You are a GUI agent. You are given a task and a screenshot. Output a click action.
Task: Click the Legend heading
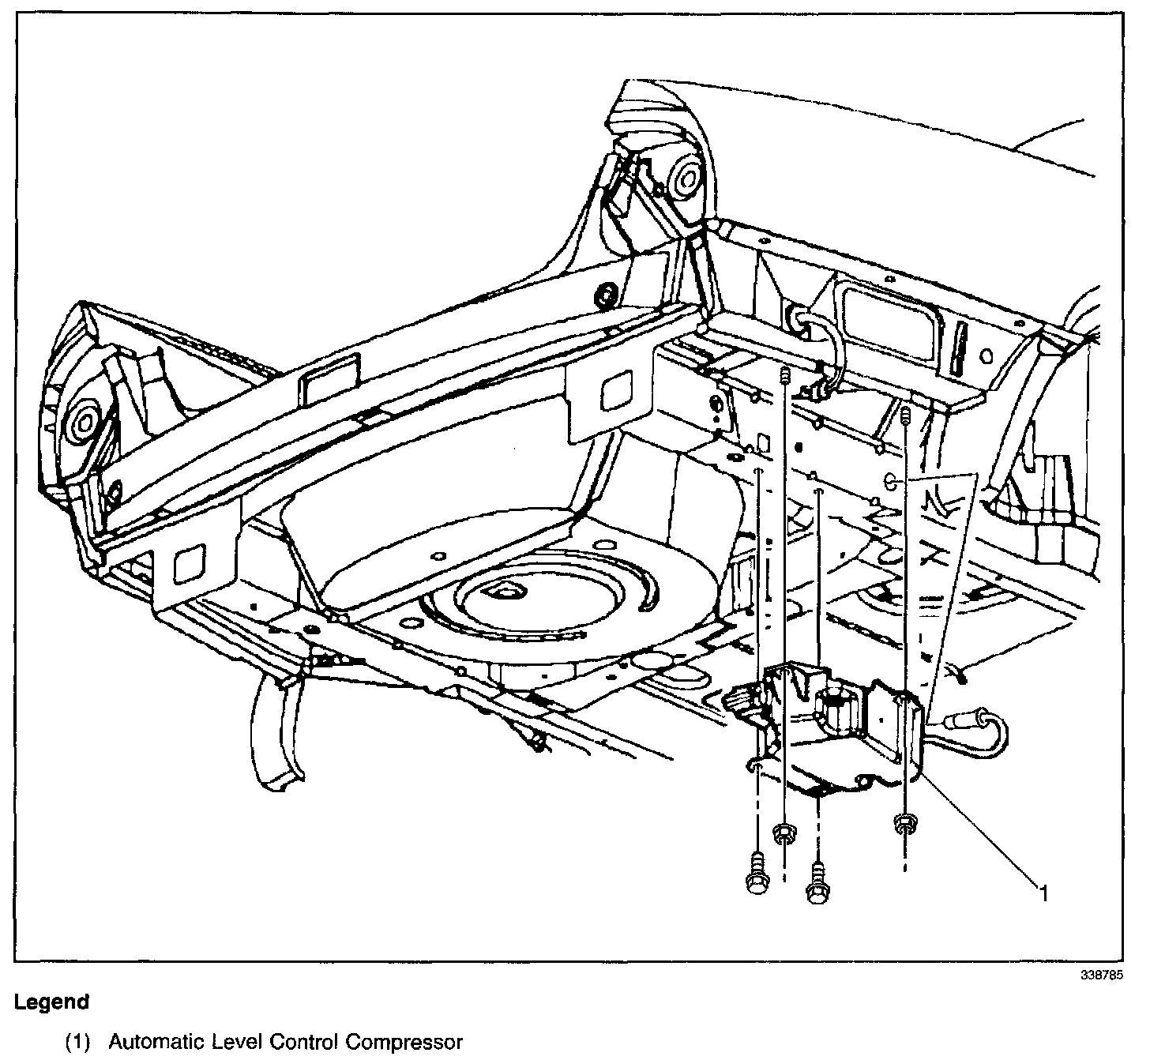[51, 1002]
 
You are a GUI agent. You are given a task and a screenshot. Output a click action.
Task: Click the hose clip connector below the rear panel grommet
[818, 386]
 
